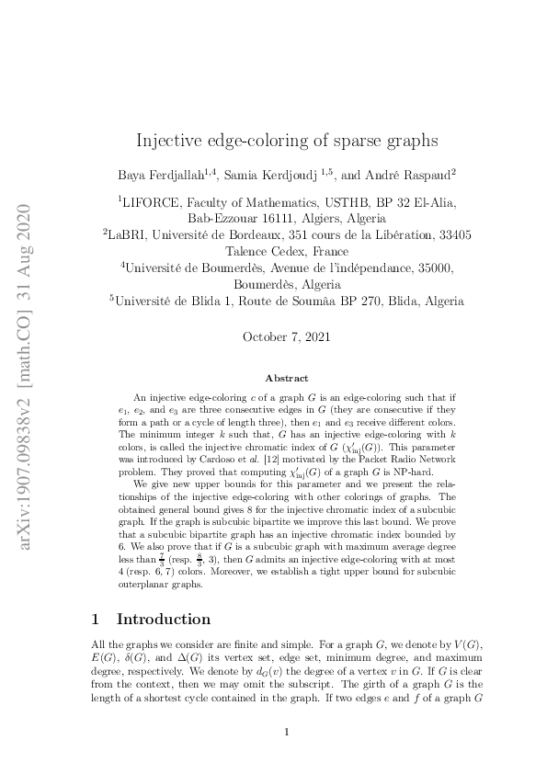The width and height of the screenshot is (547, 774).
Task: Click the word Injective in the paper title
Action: click(166, 141)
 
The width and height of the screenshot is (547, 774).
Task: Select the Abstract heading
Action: click(287, 378)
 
